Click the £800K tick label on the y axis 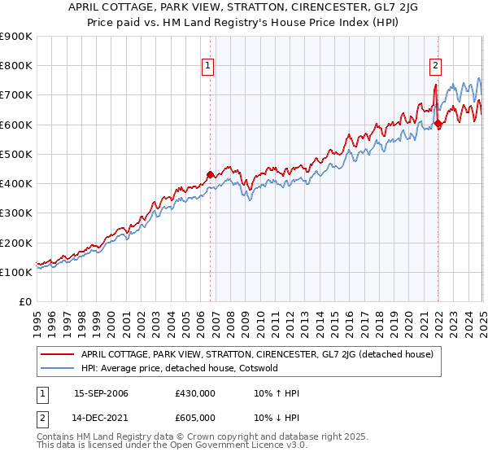click(16, 66)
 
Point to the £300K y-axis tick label click(16, 213)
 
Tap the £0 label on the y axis click(26, 302)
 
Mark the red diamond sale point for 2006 click(210, 174)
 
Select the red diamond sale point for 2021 click(438, 124)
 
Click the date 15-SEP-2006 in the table click(101, 393)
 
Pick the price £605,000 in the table click(195, 419)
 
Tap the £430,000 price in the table click(195, 393)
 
